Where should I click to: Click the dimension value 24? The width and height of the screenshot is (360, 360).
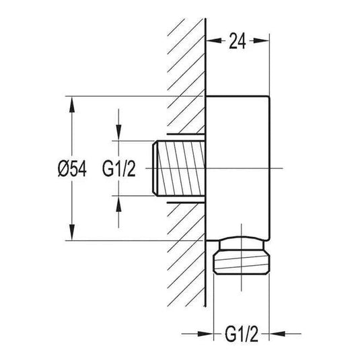237,41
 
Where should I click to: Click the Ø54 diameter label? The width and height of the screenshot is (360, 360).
72,168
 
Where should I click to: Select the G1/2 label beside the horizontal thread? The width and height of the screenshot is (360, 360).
118,168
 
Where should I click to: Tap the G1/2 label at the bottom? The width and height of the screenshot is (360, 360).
242,334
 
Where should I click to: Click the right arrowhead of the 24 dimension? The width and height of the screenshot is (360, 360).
261,41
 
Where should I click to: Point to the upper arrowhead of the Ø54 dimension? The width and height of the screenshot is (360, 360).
72,104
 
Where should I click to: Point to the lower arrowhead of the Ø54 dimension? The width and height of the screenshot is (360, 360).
72,232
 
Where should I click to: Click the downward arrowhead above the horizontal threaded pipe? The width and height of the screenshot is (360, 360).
118,133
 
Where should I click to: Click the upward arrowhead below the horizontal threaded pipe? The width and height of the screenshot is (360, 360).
118,204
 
